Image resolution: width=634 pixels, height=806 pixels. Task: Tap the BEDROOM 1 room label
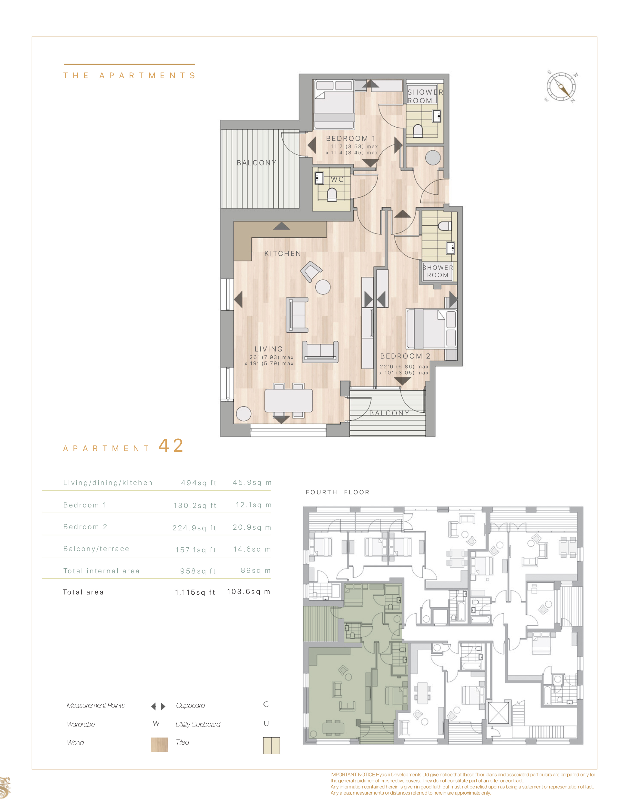350,139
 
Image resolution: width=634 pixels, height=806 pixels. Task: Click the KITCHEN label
283,253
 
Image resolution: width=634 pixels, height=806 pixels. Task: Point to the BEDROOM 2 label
405,356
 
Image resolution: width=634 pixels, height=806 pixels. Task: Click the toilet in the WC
332,194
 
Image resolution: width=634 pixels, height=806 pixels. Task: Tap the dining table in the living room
288,400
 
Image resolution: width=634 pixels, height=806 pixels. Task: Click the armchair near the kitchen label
310,271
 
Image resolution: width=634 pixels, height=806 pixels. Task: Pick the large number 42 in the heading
171,446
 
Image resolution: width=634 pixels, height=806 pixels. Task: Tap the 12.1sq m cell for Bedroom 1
254,505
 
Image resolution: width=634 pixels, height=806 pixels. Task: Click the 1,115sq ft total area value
195,592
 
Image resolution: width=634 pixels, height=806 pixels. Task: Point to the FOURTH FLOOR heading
337,492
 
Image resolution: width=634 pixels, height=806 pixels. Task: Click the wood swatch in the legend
159,744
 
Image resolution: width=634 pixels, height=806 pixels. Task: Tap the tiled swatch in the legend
271,745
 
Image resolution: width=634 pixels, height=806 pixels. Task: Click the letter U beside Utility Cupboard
266,723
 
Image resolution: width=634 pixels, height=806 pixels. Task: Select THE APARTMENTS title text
130,76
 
